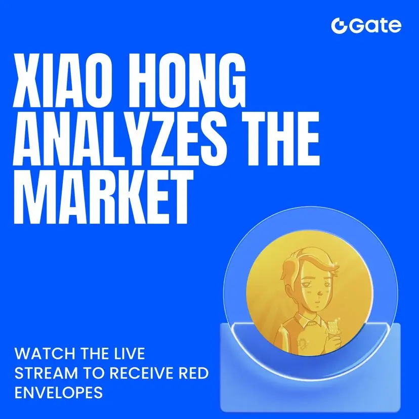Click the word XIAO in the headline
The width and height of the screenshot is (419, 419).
tap(61, 80)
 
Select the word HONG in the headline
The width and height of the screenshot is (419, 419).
tap(186, 80)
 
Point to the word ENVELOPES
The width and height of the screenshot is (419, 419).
tap(59, 393)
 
